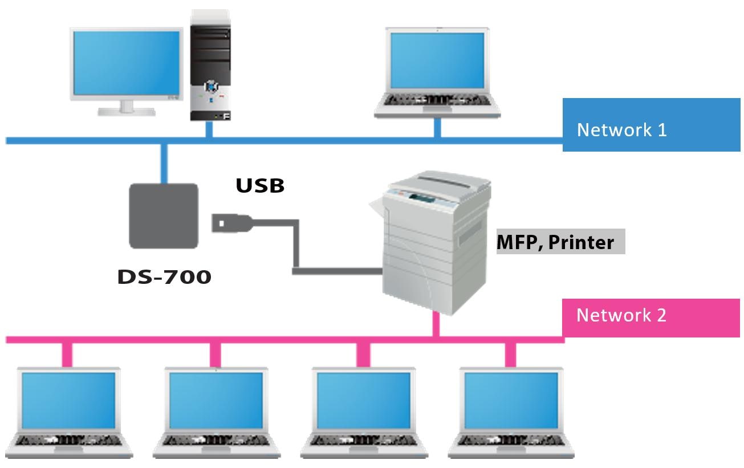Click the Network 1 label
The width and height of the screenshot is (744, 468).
[x=621, y=129]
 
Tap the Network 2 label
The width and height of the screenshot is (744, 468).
[x=621, y=315]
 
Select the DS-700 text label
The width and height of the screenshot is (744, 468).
[x=164, y=277]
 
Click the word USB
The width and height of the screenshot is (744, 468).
[x=260, y=185]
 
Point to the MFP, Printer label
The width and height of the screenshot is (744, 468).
[x=555, y=242]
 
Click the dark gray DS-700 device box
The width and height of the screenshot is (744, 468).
[x=164, y=215]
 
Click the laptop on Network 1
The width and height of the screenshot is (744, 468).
[x=437, y=71]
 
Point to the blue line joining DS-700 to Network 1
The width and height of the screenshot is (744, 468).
[x=164, y=162]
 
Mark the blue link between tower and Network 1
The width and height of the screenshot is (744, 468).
[x=209, y=129]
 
